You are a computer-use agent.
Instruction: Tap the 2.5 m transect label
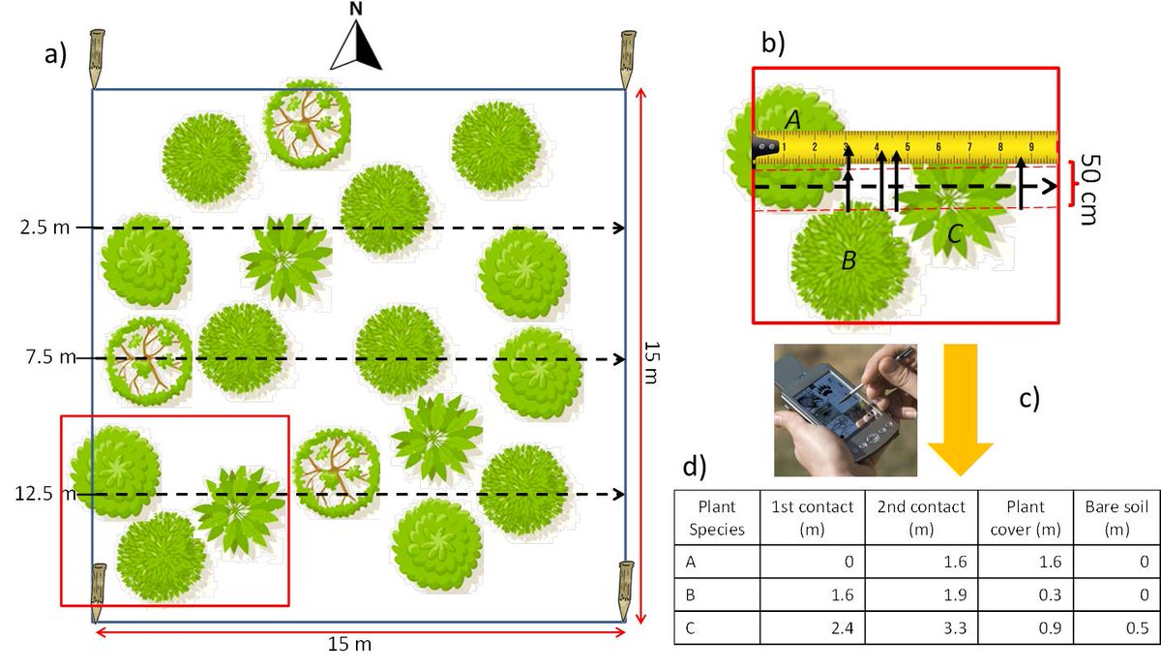[x=41, y=228]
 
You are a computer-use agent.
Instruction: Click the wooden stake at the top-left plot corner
[x=98, y=59]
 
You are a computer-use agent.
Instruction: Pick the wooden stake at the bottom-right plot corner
[x=626, y=590]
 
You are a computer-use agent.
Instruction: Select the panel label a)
[x=57, y=55]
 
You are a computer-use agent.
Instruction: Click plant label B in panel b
[x=848, y=259]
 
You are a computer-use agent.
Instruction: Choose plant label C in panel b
[x=954, y=232]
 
